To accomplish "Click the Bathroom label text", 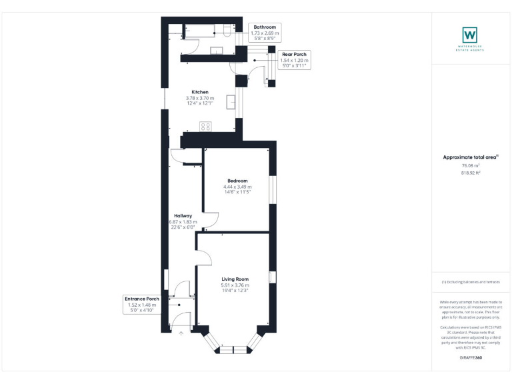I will click(x=265, y=27).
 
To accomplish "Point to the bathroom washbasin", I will click(x=217, y=50).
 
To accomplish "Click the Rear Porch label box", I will click(x=294, y=60).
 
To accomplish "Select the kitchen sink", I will click(x=231, y=101).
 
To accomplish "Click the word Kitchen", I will click(x=200, y=92).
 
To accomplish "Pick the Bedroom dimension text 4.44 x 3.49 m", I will click(x=237, y=187).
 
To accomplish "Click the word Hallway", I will click(x=183, y=216).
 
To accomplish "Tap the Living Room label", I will click(x=235, y=279).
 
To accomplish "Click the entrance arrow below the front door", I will click(x=181, y=331).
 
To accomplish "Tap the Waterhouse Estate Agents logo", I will click(x=471, y=35).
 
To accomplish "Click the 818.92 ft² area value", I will click(x=471, y=173).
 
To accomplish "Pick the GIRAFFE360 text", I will click(x=471, y=358).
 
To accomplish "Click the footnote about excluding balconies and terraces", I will click(x=471, y=282).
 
